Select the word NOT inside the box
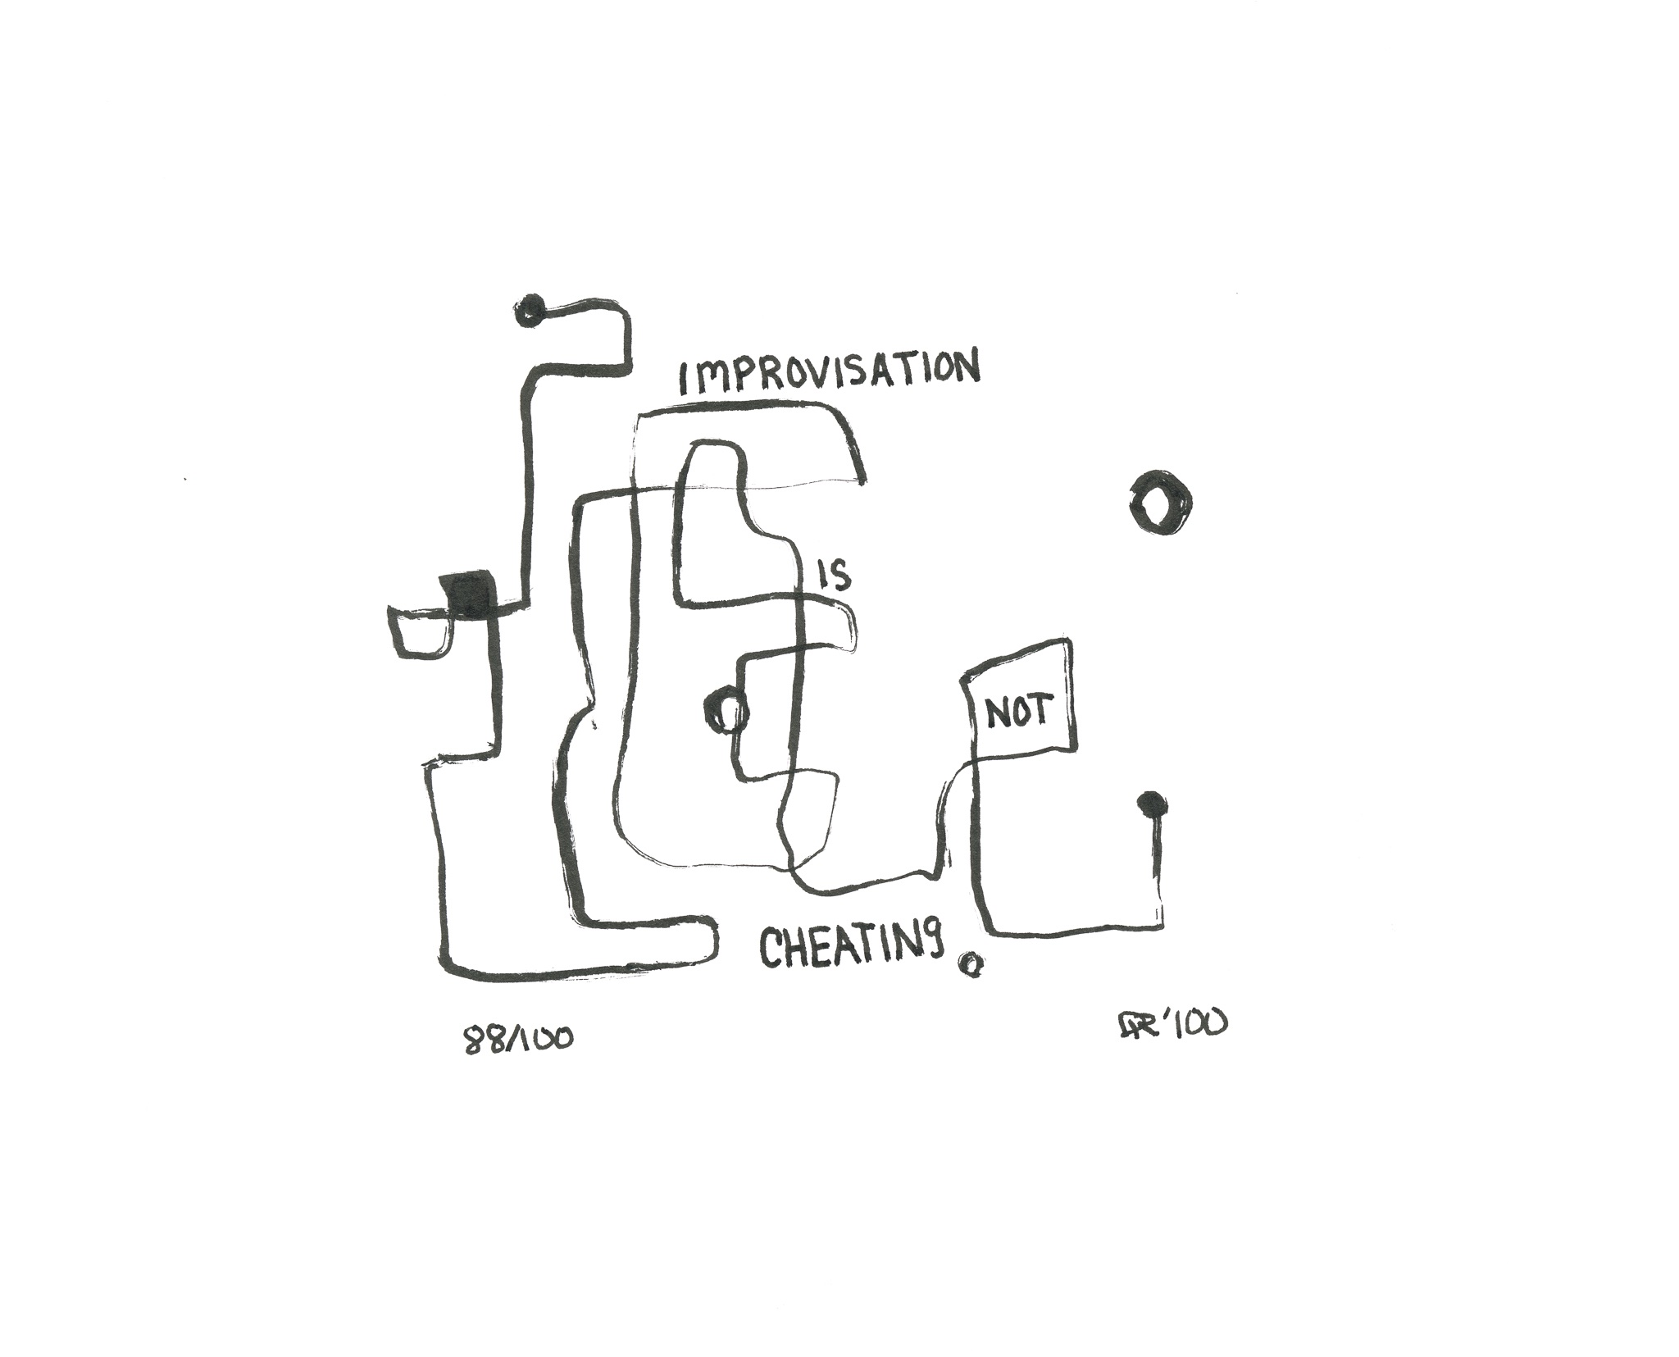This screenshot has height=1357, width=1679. coord(1017,713)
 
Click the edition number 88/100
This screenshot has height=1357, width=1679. coord(518,1039)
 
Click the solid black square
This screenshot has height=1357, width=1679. coord(470,594)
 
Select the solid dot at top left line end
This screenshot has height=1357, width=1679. coord(530,309)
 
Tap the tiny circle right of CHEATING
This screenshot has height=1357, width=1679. coord(970,964)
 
